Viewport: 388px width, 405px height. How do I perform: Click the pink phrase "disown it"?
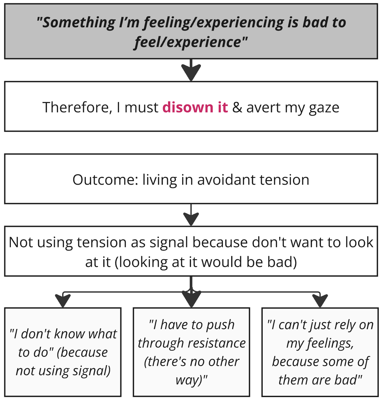[195, 107]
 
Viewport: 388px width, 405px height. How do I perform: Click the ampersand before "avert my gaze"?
[237, 108]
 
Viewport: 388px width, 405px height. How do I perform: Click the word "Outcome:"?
[105, 180]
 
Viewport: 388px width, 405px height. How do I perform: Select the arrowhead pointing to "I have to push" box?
[191, 299]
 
